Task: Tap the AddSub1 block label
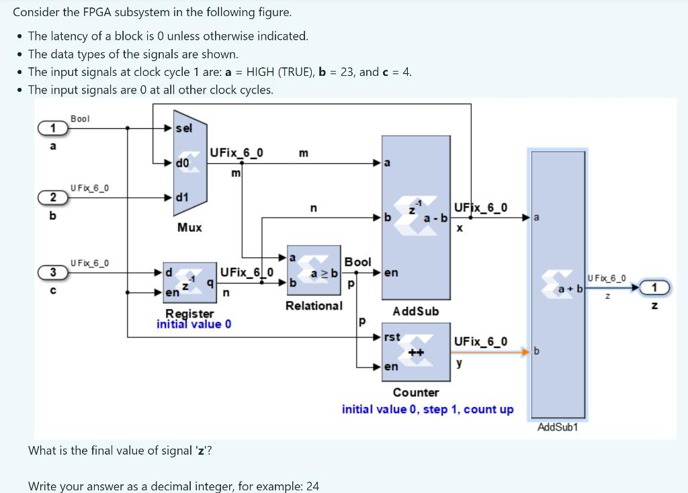(557, 427)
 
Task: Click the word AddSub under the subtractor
(415, 311)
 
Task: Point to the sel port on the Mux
(183, 128)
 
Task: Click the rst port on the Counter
(391, 337)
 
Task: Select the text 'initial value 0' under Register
(193, 324)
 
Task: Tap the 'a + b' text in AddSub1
(570, 288)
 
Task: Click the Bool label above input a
(80, 119)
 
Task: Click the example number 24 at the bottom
(312, 486)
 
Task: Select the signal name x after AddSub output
(460, 228)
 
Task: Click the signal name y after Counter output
(459, 363)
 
